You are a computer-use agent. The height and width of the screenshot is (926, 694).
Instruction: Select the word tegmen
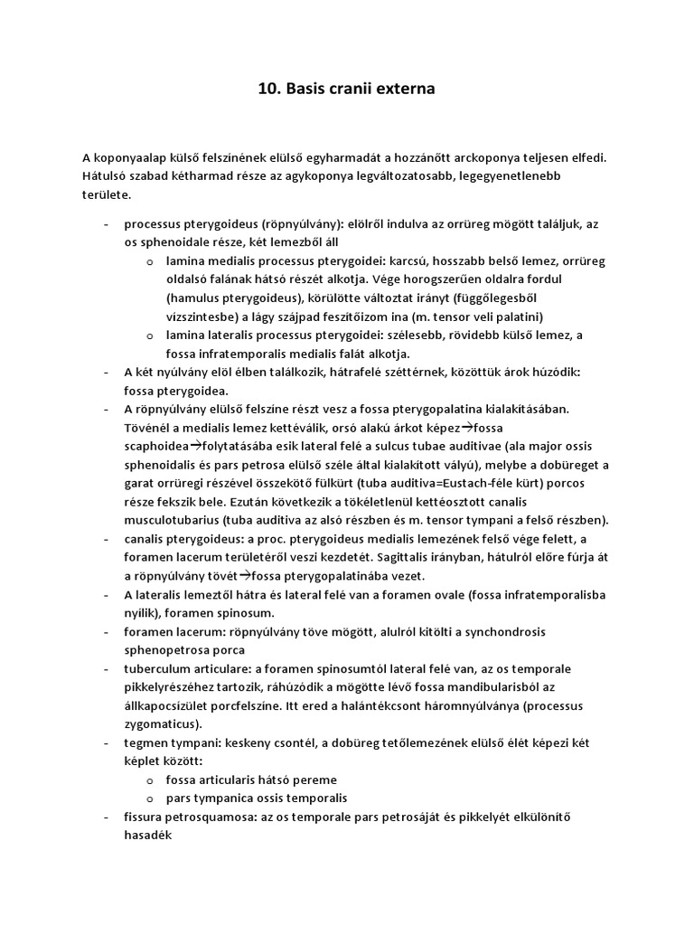click(x=145, y=742)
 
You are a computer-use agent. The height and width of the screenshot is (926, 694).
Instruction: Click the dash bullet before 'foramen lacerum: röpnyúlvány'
click(x=107, y=631)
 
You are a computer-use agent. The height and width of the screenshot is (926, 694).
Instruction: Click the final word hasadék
click(x=148, y=836)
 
